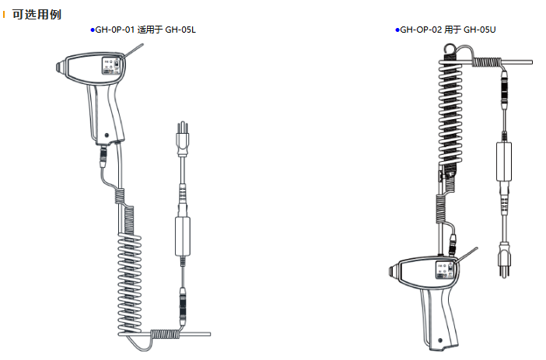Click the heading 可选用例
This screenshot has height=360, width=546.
tap(37, 14)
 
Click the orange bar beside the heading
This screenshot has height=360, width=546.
tap(4, 15)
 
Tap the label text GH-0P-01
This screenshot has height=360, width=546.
tap(115, 30)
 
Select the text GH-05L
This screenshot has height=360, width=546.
tap(180, 30)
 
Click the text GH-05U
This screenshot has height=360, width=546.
tap(479, 30)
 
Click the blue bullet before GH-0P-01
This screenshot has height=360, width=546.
tap(93, 30)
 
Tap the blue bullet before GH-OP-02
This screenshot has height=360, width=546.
tap(397, 30)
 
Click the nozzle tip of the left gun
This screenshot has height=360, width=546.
tap(58, 67)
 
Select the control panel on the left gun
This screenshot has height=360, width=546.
tap(110, 66)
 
